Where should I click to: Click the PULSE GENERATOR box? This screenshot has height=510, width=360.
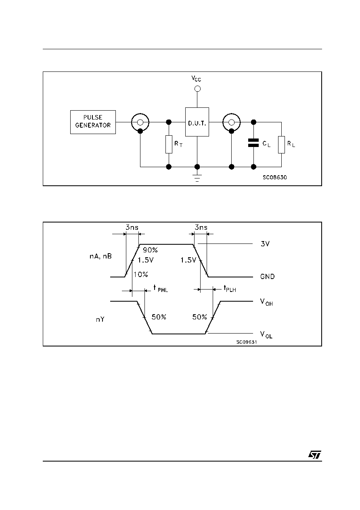[93, 122]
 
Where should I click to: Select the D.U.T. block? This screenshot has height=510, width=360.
[197, 122]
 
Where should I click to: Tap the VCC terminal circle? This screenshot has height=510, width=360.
[197, 88]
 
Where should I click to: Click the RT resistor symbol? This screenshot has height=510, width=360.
[169, 144]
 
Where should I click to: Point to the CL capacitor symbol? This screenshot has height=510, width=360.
[253, 143]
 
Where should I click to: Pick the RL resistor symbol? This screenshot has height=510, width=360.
[281, 145]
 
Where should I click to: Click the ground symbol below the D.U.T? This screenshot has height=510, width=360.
[197, 178]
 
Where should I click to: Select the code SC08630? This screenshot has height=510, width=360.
[275, 177]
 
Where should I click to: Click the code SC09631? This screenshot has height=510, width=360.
[247, 342]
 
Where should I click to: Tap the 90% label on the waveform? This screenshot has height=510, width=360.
[150, 250]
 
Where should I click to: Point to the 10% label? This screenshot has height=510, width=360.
[140, 275]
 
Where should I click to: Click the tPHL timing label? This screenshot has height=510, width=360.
[161, 289]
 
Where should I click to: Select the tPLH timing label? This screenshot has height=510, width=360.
[230, 289]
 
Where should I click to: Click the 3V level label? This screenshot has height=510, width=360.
[265, 244]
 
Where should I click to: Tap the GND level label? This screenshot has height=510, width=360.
[268, 277]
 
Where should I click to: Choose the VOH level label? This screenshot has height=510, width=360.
[266, 302]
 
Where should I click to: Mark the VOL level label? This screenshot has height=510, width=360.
[266, 335]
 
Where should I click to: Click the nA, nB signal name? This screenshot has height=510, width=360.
[100, 256]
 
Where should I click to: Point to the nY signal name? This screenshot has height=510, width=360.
[100, 320]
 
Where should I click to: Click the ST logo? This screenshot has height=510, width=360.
[315, 455]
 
